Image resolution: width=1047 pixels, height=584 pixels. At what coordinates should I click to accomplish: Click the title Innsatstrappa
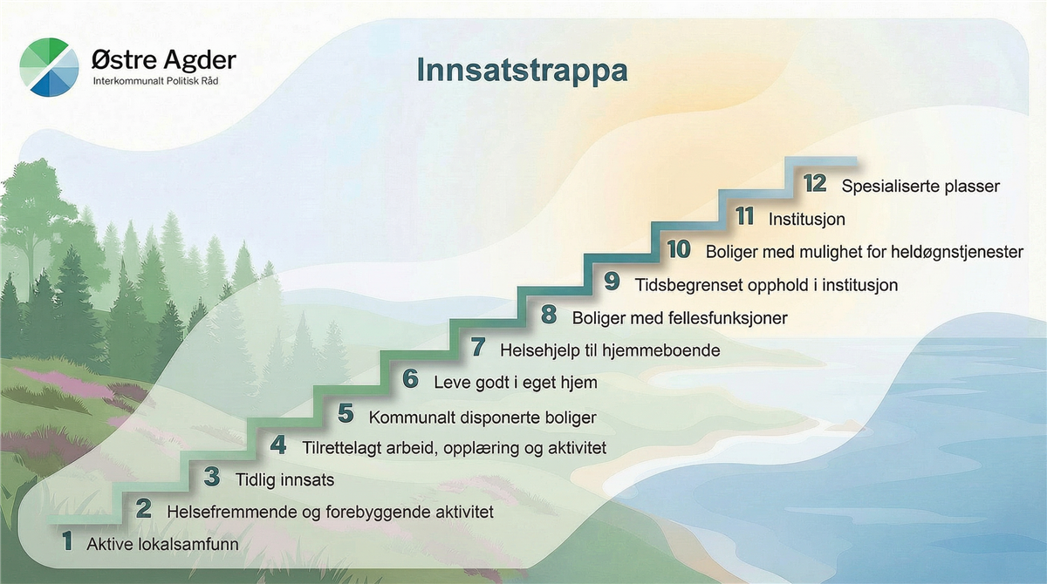522,71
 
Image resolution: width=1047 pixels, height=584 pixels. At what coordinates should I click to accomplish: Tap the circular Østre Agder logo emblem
49,67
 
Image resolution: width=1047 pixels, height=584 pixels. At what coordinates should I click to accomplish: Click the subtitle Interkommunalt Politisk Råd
155,81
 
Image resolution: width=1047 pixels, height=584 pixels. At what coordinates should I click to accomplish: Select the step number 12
815,183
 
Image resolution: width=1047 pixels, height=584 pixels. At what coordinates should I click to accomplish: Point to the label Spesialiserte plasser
920,187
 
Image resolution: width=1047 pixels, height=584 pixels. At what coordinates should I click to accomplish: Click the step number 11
745,216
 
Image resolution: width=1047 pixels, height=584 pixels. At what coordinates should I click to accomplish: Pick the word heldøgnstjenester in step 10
957,252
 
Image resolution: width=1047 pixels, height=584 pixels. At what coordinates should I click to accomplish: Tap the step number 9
612,282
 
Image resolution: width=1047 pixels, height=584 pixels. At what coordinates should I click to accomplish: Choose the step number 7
478,347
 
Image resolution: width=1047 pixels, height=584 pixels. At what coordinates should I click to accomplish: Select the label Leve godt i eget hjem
516,383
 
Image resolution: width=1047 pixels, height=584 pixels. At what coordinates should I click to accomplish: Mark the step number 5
346,414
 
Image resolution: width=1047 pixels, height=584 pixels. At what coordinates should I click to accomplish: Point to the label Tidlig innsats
284,480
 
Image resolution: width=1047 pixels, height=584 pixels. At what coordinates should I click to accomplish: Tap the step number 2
143,509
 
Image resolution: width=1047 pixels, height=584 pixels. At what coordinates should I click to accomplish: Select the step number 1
67,541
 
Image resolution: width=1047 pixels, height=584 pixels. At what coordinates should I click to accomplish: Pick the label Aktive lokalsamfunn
162,544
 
